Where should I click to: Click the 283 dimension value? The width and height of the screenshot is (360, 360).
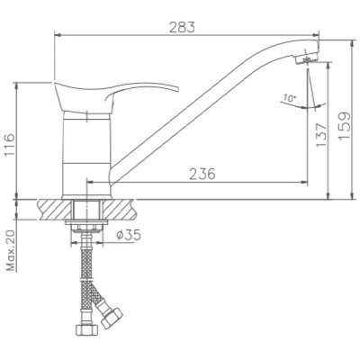click(182, 27)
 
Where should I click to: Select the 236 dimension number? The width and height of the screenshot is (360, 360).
click(202, 174)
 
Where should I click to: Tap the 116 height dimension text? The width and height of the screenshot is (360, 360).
click(9, 145)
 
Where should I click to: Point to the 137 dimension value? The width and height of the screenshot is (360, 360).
click(321, 135)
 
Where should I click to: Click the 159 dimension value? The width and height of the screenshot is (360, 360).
click(344, 125)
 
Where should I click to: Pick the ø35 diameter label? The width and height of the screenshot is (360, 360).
click(129, 236)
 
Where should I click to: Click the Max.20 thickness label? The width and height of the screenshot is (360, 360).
click(11, 251)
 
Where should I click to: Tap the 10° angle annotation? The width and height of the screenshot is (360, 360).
click(290, 98)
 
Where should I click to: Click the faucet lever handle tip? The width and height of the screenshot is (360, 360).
click(177, 89)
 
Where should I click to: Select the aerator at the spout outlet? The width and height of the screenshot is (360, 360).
click(306, 58)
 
